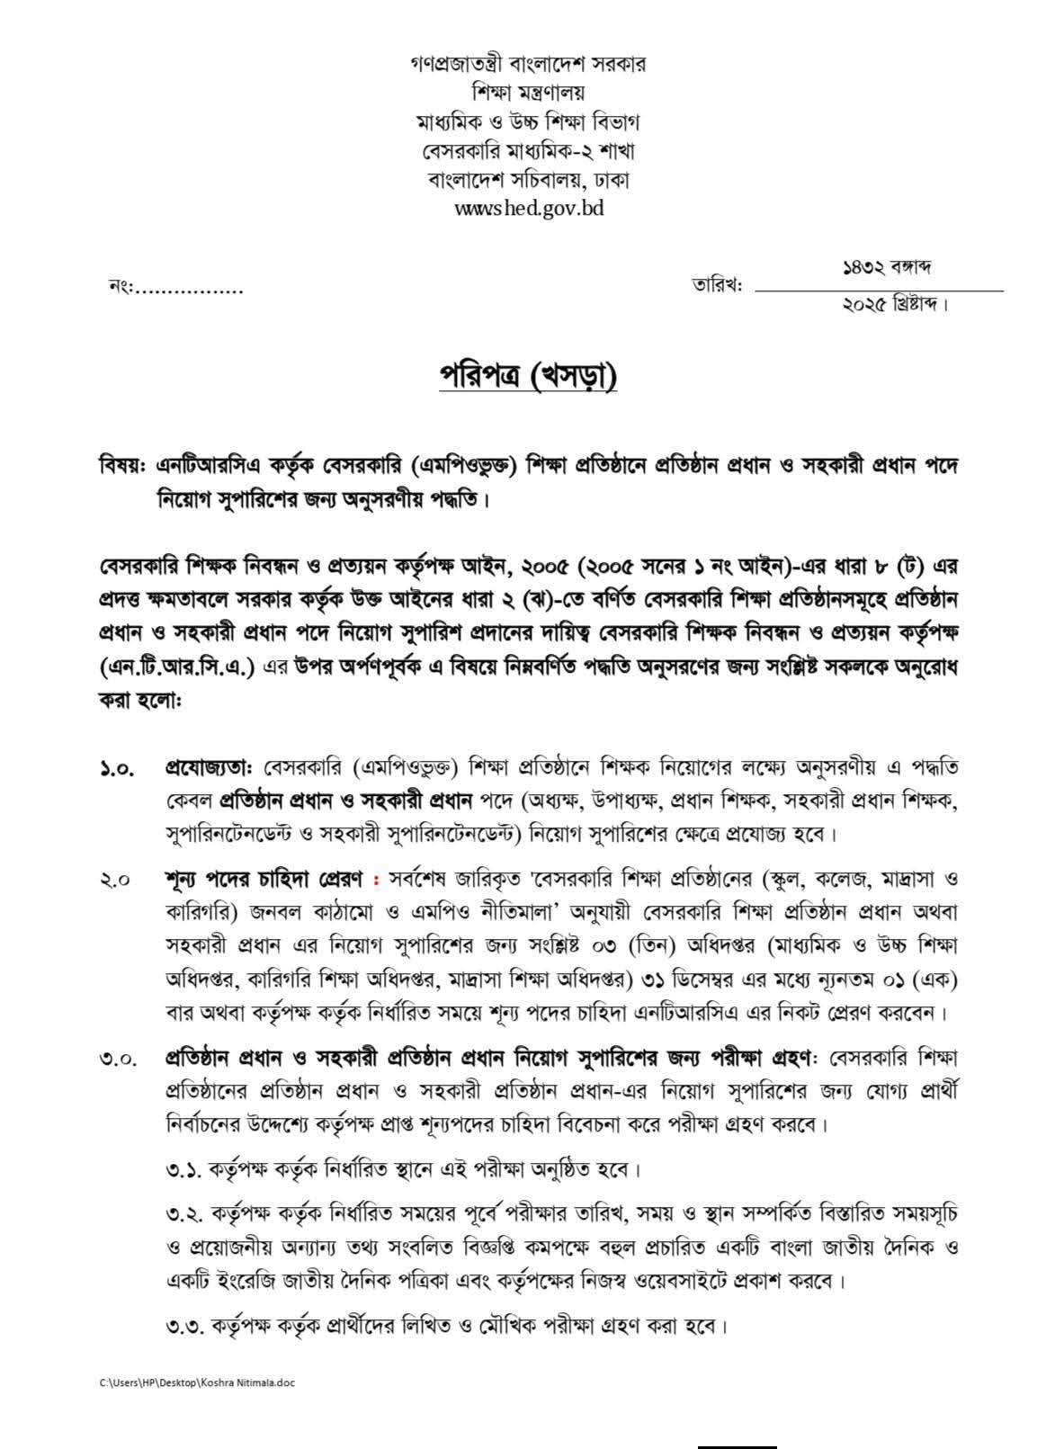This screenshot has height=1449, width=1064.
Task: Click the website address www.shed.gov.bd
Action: click(528, 209)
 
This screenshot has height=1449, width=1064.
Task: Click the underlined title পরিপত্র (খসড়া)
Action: click(528, 378)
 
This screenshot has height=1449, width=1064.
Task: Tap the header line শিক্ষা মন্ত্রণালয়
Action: click(528, 93)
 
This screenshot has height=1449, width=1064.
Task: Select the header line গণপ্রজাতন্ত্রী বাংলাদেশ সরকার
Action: click(528, 65)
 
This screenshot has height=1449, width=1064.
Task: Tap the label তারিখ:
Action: click(716, 287)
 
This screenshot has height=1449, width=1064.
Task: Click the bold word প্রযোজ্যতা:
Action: click(212, 768)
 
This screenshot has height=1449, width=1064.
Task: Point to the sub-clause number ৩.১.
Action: click(183, 1170)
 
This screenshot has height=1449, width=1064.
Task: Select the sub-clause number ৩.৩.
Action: click(185, 1326)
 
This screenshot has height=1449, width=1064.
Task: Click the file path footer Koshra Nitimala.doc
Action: click(197, 1383)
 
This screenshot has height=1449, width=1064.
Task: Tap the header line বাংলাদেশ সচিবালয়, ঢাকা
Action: click(528, 179)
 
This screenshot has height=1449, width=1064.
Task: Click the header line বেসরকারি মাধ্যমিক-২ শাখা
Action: click(528, 150)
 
